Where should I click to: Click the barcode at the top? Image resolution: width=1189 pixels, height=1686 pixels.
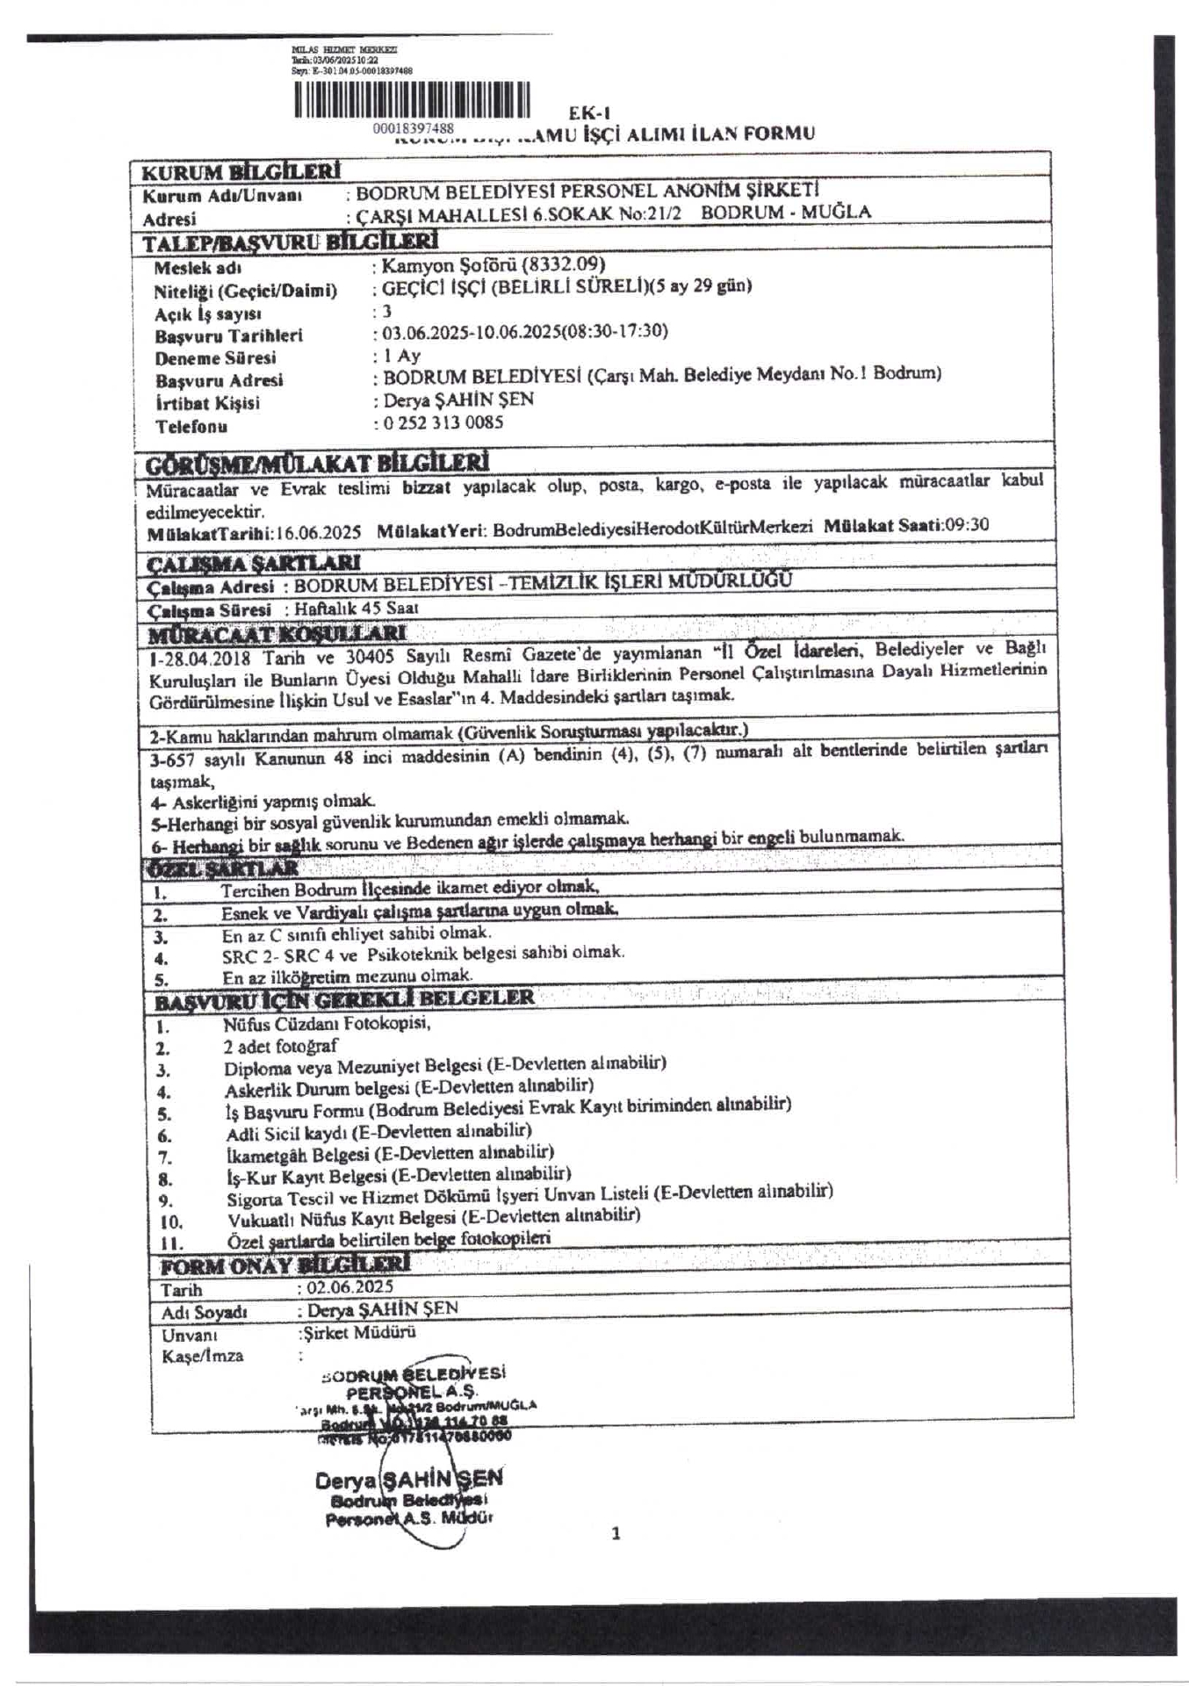412,100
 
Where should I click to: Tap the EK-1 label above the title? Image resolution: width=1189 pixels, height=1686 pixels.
589,112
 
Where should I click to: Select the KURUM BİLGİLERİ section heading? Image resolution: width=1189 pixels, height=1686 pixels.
241,171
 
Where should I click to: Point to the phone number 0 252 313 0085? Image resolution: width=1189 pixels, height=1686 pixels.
443,422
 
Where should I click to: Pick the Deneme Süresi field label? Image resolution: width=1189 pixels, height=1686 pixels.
215,358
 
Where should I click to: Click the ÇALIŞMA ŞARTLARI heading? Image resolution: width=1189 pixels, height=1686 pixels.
253,562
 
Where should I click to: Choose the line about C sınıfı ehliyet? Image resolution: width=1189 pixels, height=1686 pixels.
357,933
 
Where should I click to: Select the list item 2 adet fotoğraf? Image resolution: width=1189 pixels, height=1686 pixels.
281,1046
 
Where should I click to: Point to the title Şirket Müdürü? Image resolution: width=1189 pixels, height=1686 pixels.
358,1331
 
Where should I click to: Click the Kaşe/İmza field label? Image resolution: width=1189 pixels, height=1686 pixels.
203,1356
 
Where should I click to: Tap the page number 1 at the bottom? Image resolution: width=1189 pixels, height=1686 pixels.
616,1534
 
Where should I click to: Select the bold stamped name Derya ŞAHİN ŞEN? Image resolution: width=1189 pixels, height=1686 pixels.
409,1480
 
